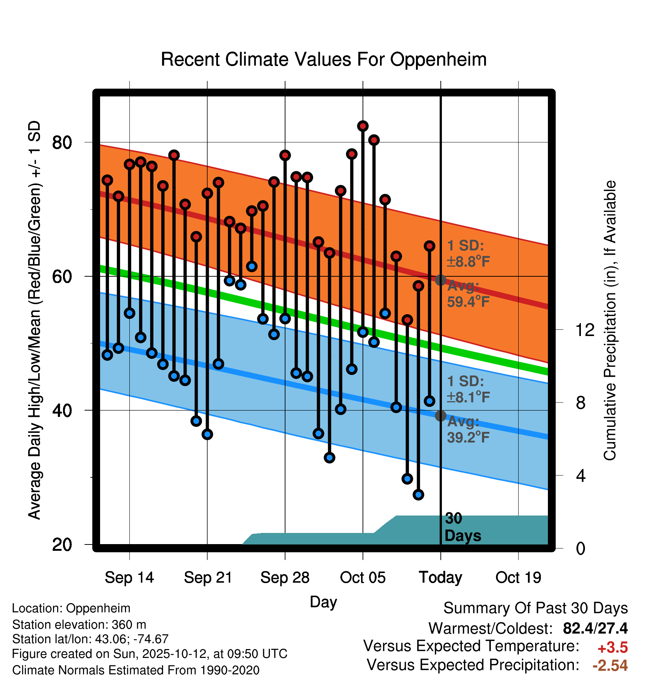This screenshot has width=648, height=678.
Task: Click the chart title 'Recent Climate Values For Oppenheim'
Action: (324, 59)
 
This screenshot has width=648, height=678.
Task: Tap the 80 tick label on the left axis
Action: (62, 142)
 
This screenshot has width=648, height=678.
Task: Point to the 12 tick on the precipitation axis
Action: (585, 330)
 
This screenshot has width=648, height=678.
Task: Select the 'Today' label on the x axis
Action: (440, 577)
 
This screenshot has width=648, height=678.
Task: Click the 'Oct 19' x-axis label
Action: (518, 577)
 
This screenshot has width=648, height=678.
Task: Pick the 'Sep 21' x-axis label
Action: (208, 577)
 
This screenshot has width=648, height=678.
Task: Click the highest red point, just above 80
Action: (363, 126)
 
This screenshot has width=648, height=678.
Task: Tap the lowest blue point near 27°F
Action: (418, 494)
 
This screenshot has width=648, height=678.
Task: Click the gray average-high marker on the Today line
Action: (440, 280)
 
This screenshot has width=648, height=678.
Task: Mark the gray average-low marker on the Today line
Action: (440, 416)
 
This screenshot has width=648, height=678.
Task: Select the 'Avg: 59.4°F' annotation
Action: (468, 294)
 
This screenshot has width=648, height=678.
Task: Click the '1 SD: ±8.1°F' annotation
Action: (468, 389)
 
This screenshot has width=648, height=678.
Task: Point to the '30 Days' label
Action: (462, 527)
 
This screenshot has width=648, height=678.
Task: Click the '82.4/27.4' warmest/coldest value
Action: (595, 628)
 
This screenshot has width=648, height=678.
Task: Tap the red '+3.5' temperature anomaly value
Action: (612, 648)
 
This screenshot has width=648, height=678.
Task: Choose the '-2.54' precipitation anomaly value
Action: (610, 665)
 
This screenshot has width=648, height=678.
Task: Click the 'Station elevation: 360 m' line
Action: (79, 625)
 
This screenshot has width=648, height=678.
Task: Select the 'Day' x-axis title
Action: (323, 602)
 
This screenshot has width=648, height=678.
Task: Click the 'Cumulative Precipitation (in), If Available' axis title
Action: (609, 320)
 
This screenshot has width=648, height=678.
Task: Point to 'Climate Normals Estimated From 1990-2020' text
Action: (136, 670)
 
